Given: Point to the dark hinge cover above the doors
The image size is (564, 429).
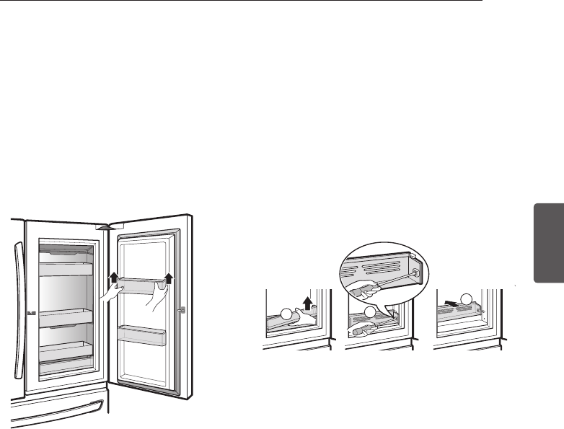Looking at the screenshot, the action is (107, 225).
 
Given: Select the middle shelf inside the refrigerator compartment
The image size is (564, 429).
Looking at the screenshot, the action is (66, 315).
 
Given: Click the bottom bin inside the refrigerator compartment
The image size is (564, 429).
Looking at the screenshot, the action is (66, 360).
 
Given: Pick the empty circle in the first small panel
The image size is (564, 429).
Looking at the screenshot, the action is (287, 314).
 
